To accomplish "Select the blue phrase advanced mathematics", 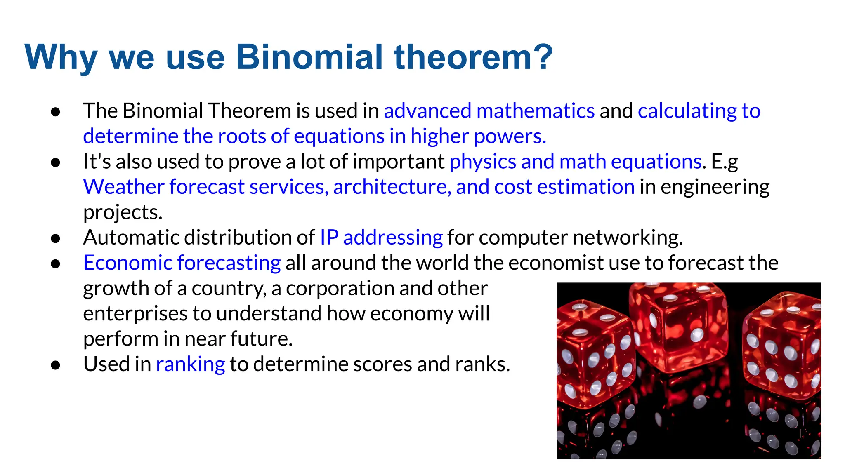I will (x=489, y=111).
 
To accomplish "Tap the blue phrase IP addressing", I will (x=381, y=237).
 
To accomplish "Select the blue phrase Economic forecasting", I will (x=182, y=263).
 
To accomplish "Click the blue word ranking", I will (x=190, y=364).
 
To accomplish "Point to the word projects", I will (x=123, y=212).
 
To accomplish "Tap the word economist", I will (x=556, y=263).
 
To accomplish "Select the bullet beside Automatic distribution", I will (x=56, y=238).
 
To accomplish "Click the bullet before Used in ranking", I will (x=56, y=365).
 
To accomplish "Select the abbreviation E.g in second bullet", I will (x=725, y=162).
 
